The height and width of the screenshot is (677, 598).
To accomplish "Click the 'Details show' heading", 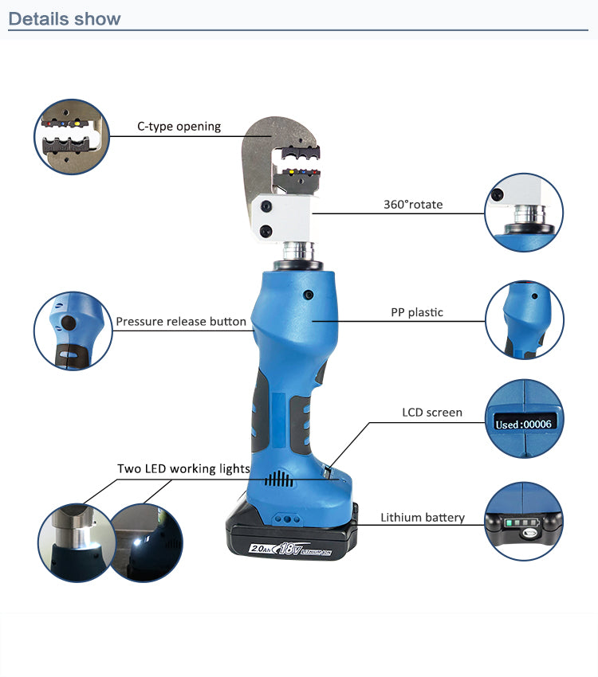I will pyautogui.click(x=65, y=18).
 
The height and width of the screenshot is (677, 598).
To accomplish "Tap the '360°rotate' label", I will pyautogui.click(x=412, y=205).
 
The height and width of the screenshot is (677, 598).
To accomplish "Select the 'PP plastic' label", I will pyautogui.click(x=416, y=312).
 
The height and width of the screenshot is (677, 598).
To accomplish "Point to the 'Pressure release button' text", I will pyautogui.click(x=181, y=322).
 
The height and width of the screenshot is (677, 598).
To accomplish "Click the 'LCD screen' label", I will pyautogui.click(x=431, y=413).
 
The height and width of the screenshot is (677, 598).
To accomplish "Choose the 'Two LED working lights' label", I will pyautogui.click(x=183, y=468).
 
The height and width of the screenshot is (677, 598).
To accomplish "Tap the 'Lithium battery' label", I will pyautogui.click(x=422, y=518).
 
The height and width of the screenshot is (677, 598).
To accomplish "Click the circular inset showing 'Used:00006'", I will pyautogui.click(x=524, y=419).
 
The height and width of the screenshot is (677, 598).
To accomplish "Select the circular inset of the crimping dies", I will pyautogui.click(x=70, y=137).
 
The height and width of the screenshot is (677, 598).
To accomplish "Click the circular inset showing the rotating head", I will pyautogui.click(x=524, y=213).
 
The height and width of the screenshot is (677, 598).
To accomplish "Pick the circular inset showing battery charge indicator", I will pyautogui.click(x=524, y=522).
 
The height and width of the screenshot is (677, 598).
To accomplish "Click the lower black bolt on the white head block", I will pyautogui.click(x=266, y=231).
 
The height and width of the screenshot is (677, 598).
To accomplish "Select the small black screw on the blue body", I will pyautogui.click(x=307, y=295).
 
